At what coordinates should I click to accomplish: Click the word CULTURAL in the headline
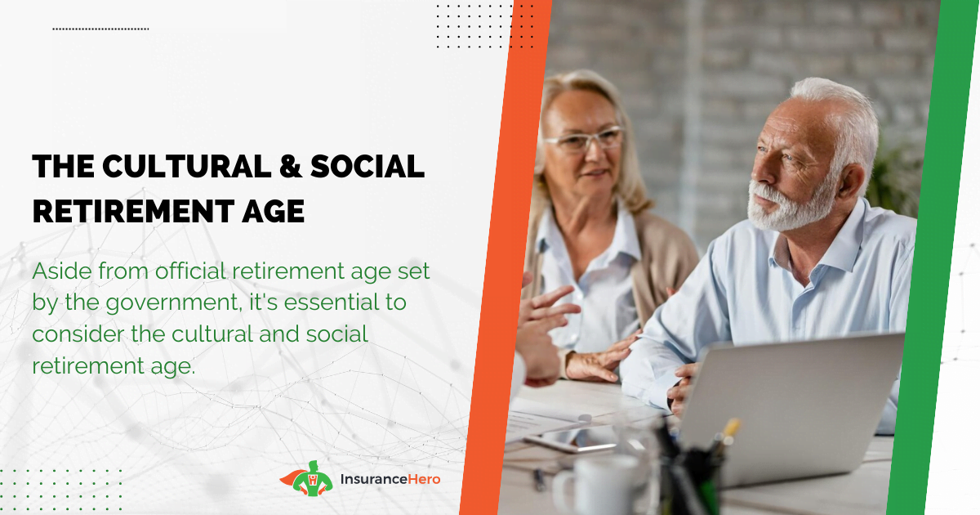187,167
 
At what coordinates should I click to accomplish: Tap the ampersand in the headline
291,167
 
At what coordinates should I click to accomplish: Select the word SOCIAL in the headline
367,167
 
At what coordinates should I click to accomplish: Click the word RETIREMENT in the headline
133,211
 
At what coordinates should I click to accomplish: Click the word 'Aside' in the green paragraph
62,271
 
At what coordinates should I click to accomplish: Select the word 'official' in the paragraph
190,271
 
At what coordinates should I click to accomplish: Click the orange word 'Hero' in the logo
424,480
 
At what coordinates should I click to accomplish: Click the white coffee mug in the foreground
599,486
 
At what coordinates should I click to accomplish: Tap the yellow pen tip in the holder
732,427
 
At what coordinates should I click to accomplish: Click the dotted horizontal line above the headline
100,29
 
